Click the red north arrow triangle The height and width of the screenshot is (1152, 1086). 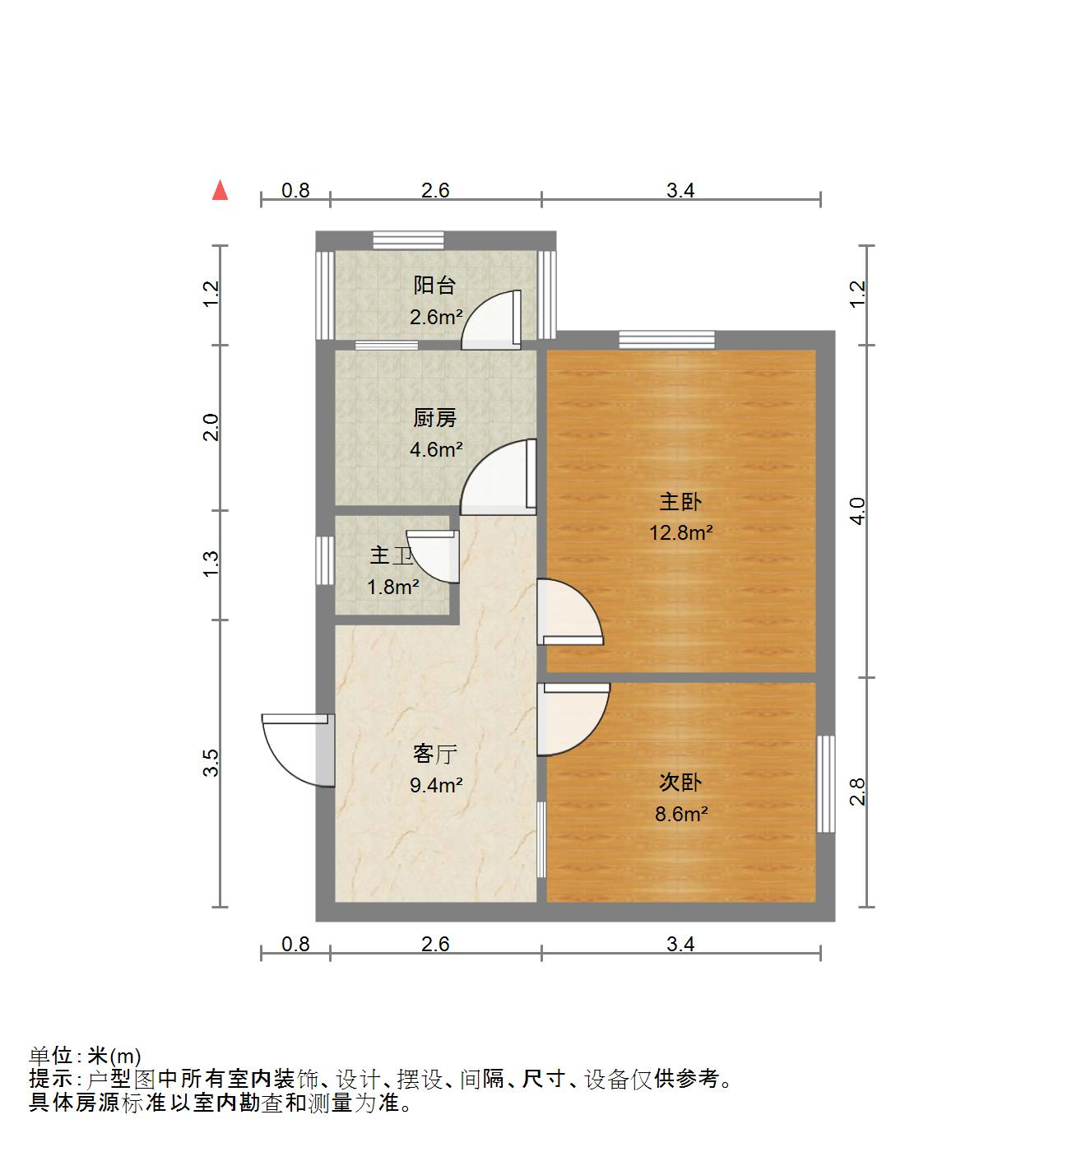click(220, 191)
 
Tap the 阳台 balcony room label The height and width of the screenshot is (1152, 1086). click(434, 286)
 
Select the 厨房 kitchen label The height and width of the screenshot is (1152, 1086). click(434, 419)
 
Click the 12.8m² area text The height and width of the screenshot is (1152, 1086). click(680, 532)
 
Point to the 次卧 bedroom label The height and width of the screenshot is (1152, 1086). click(680, 782)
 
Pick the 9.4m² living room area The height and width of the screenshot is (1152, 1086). click(436, 785)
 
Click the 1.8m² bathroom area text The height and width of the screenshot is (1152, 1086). click(392, 587)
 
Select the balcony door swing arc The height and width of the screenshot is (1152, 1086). click(490, 318)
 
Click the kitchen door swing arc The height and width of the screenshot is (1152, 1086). click(499, 476)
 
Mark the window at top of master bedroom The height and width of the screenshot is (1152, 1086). click(666, 339)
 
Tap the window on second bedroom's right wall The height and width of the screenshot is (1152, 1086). click(825, 783)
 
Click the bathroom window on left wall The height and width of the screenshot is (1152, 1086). click(325, 560)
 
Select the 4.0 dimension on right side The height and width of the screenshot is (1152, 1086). click(857, 511)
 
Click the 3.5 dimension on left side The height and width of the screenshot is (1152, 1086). click(211, 763)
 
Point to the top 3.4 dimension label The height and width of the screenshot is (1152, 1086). click(680, 191)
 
